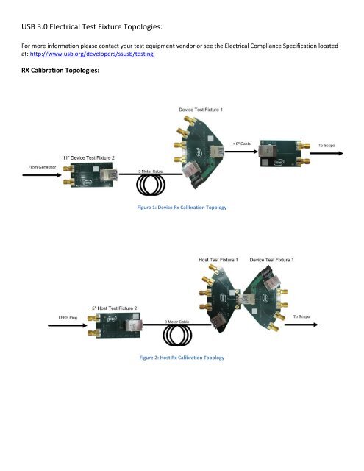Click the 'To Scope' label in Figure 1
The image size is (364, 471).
(326, 146)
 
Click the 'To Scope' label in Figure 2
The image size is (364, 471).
(304, 316)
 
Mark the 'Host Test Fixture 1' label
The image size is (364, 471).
(218, 260)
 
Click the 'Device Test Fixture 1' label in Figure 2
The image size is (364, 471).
(273, 260)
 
